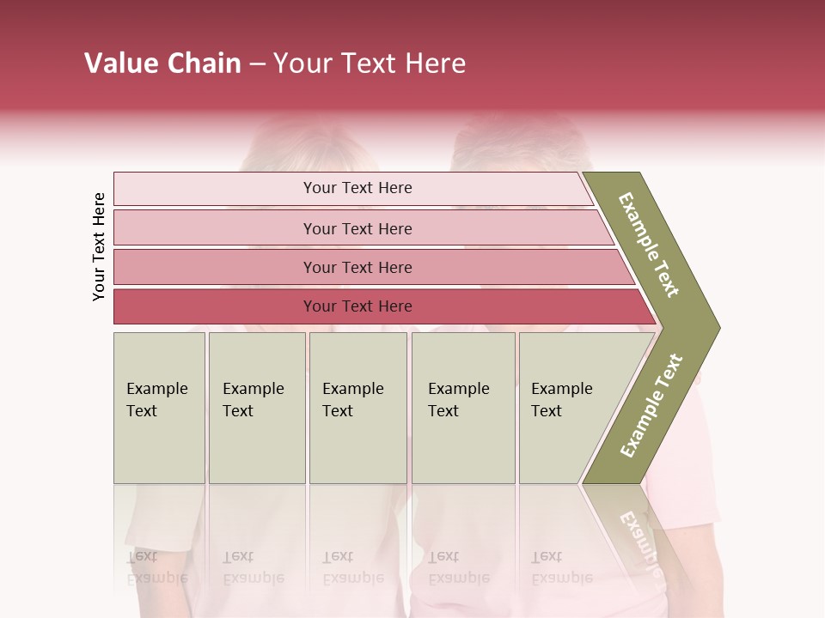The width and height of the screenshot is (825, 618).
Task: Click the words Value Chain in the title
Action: coord(162,64)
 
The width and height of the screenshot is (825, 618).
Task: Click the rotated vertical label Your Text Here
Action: coord(99,246)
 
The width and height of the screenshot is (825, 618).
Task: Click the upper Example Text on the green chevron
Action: coord(649,245)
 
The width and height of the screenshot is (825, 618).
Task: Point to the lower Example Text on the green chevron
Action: coord(651,405)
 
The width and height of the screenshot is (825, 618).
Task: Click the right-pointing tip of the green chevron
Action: coord(713,327)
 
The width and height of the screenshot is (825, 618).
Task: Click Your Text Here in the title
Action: coord(370,64)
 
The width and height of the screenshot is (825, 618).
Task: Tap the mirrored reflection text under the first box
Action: coord(156,567)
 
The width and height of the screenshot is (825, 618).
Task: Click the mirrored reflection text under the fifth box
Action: coord(561,567)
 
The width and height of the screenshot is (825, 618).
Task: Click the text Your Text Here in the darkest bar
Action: coord(357,306)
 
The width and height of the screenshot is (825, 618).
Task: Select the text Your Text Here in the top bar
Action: coord(357,188)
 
